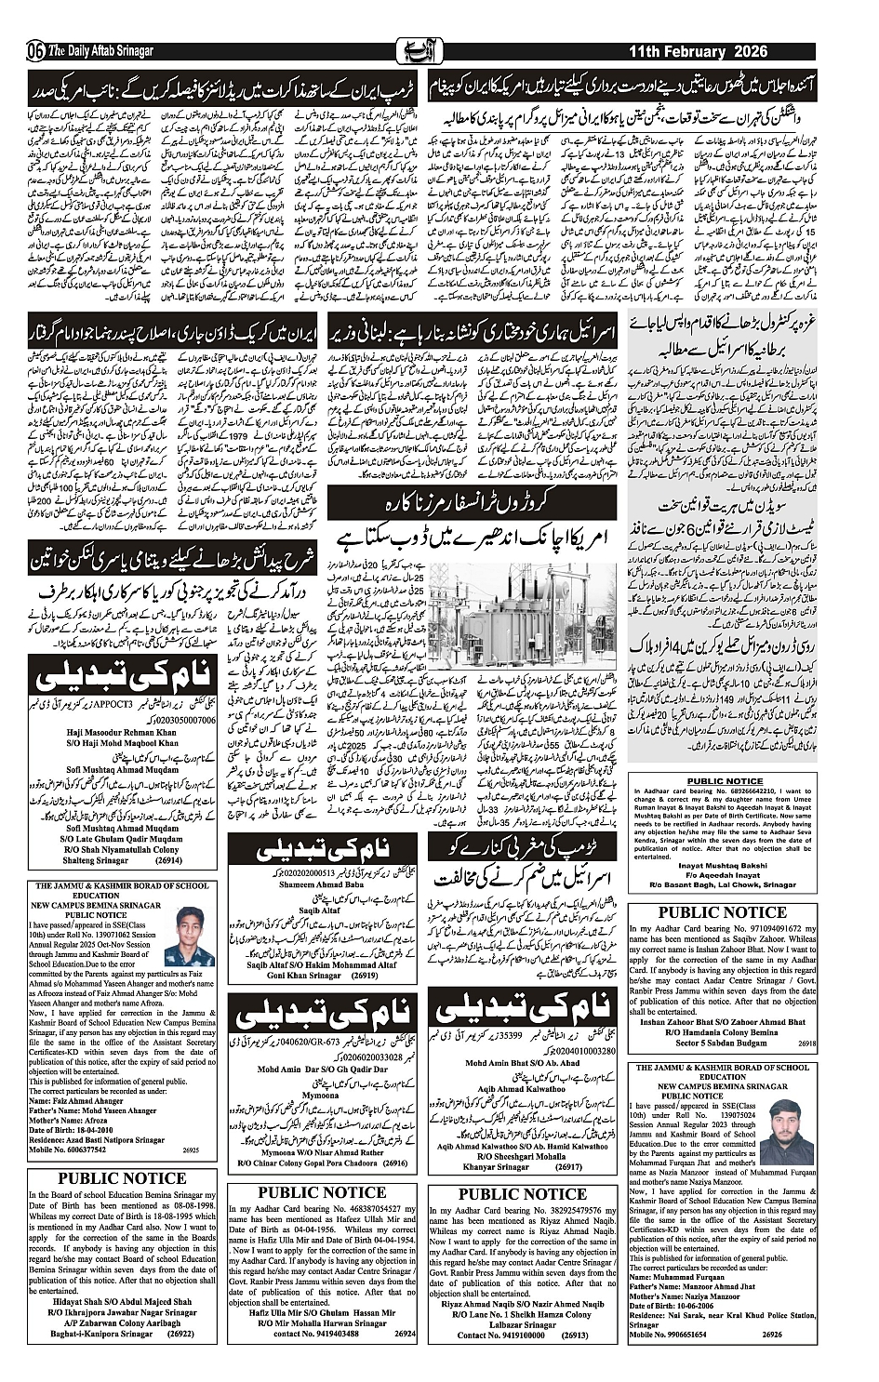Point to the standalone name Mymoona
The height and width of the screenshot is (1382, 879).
coord(320,1096)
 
